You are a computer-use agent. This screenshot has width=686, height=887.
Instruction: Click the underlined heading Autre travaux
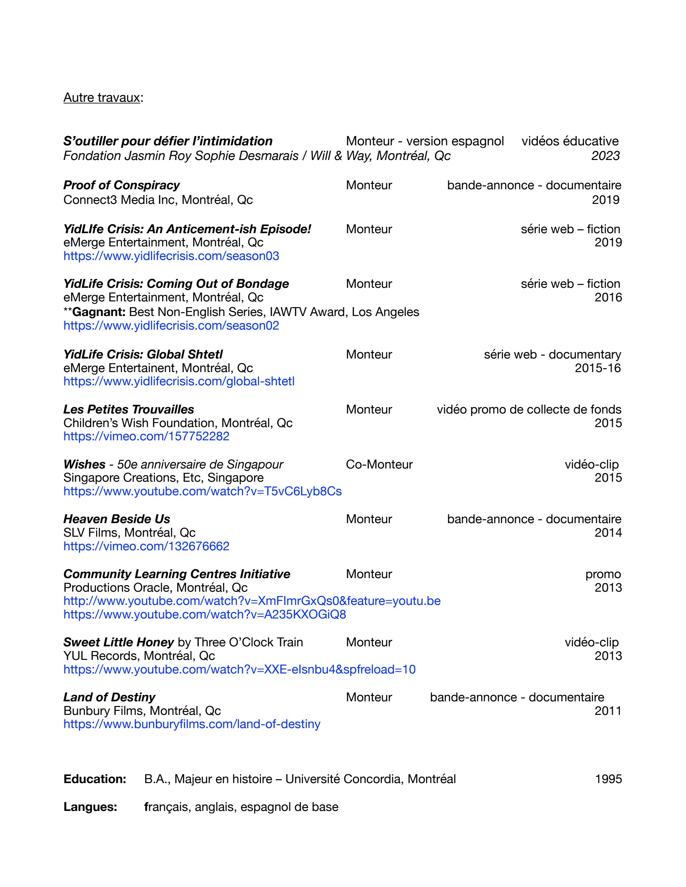coord(101,98)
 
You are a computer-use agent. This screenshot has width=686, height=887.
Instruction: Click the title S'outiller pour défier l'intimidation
coord(168,141)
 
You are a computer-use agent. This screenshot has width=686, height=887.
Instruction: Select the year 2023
coord(605,156)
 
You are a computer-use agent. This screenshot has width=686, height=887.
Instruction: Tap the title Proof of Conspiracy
coord(121,185)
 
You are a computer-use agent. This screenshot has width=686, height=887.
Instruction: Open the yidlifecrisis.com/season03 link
coord(171,256)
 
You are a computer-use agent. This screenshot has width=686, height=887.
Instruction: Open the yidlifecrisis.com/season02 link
coord(171,326)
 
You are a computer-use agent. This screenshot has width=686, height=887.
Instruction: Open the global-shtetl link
coord(179,381)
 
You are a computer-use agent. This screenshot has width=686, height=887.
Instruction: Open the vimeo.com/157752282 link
coord(146,436)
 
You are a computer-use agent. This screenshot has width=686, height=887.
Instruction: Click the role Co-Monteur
coord(379,464)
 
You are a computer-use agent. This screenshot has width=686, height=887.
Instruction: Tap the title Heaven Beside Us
coord(116,519)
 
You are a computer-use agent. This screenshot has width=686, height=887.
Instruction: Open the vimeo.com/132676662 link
coord(146,546)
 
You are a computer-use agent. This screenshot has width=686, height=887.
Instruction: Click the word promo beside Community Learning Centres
coord(603,574)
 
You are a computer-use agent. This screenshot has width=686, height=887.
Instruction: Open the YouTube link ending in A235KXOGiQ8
coord(204,615)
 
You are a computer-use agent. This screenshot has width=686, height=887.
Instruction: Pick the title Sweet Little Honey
coord(119,642)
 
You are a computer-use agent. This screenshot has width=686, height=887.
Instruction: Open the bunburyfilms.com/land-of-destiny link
coord(192,724)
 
